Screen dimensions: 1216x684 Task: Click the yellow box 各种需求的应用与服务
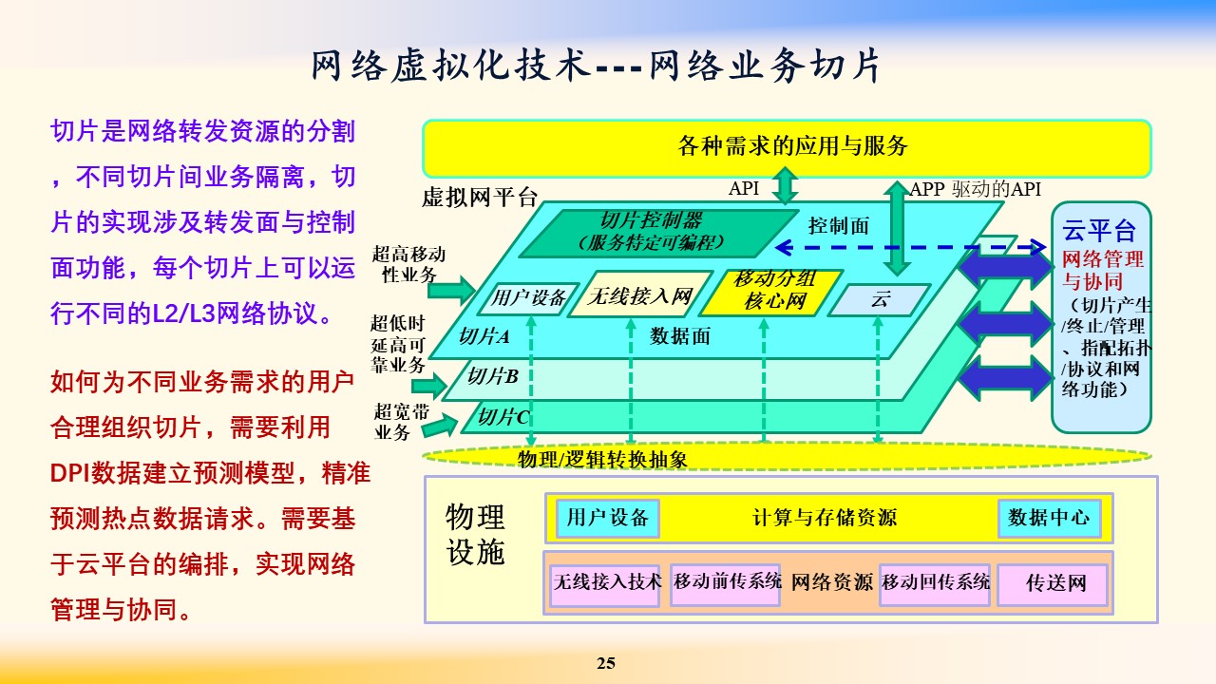788,148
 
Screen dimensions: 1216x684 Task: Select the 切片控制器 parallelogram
658,234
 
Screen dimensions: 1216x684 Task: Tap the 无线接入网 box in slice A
640,294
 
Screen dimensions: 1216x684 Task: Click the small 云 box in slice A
880,299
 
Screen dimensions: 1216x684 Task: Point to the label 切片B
493,376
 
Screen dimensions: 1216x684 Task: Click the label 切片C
503,417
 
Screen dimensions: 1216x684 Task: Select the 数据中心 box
1050,519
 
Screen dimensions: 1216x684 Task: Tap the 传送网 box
1054,584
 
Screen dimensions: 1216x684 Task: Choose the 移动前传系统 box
726,584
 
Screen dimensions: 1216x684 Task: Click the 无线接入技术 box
605,584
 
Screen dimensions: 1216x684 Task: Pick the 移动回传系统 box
935,584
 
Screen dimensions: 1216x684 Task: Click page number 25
606,663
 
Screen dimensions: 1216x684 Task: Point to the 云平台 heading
1099,230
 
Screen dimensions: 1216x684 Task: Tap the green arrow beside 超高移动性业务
451,291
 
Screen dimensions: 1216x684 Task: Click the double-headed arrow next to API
785,185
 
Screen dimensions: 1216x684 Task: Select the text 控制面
839,226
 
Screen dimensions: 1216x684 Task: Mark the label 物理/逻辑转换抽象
602,460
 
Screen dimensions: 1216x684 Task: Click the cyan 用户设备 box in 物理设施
608,519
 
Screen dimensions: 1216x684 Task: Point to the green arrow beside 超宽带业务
440,425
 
